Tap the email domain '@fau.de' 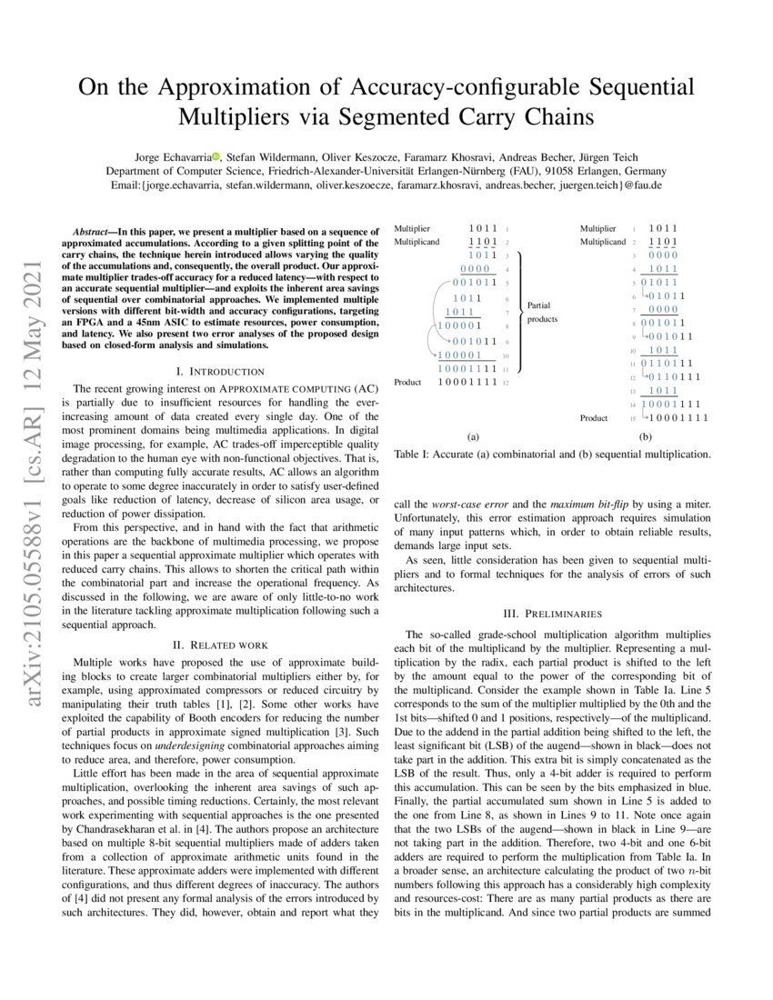point(639,185)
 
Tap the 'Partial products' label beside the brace point(542,313)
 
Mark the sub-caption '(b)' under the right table point(646,436)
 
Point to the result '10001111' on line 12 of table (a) point(467,382)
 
